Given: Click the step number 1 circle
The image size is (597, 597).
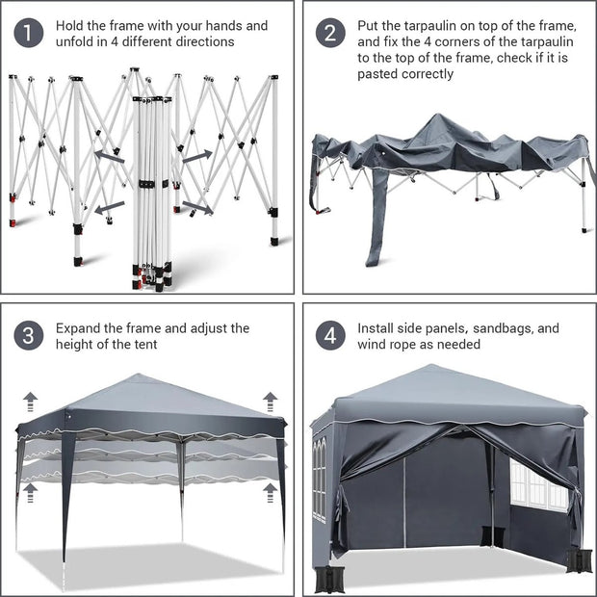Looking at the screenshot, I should (29, 33).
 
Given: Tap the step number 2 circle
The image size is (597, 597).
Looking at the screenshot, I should (330, 33).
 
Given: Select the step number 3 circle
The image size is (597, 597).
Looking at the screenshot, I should (29, 336).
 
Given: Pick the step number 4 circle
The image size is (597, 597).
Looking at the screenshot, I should (330, 336).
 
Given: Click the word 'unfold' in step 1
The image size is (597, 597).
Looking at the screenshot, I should (78, 42).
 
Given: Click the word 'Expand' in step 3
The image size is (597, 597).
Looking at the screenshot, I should (80, 328).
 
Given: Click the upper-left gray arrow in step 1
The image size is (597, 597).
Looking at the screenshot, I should (108, 155).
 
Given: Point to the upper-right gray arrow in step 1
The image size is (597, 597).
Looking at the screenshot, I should (196, 155).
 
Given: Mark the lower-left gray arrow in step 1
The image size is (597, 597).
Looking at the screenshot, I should (109, 205).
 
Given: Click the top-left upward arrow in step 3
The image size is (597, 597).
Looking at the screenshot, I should (30, 401).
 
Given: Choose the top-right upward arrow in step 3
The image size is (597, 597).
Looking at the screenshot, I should (271, 401).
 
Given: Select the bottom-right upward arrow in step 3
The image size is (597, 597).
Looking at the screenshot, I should (271, 492).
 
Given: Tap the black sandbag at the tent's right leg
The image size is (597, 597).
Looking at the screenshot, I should (580, 559).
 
